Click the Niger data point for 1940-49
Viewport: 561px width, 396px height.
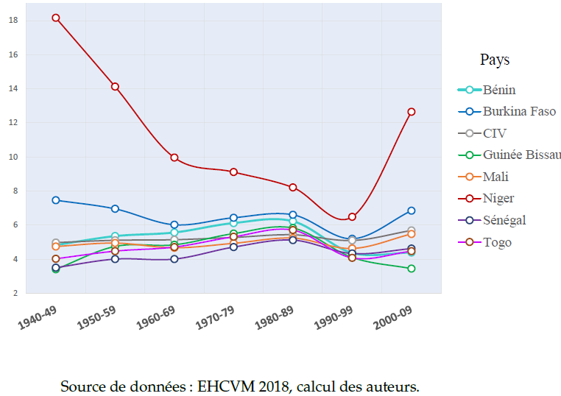pyautogui.click(x=55, y=18)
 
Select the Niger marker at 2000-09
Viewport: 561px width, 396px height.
pyautogui.click(x=412, y=112)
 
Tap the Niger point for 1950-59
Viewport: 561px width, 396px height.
pyautogui.click(x=115, y=87)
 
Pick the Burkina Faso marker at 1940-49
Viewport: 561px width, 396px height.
pyautogui.click(x=55, y=200)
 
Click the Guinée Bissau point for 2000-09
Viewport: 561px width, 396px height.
pyautogui.click(x=412, y=269)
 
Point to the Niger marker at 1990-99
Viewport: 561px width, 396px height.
pyautogui.click(x=352, y=216)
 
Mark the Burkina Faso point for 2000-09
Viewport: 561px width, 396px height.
pyautogui.click(x=412, y=211)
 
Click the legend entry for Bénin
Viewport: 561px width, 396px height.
pyautogui.click(x=499, y=90)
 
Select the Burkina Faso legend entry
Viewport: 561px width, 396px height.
pyautogui.click(x=519, y=112)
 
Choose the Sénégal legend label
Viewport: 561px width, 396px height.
pyautogui.click(x=504, y=220)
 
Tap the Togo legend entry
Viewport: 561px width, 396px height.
pyautogui.click(x=497, y=242)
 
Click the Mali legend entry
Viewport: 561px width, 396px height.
pyautogui.click(x=495, y=177)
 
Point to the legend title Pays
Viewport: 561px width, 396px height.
pyautogui.click(x=495, y=60)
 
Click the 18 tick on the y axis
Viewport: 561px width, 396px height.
pyautogui.click(x=13, y=20)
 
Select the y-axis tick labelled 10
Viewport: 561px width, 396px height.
pyautogui.click(x=13, y=157)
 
